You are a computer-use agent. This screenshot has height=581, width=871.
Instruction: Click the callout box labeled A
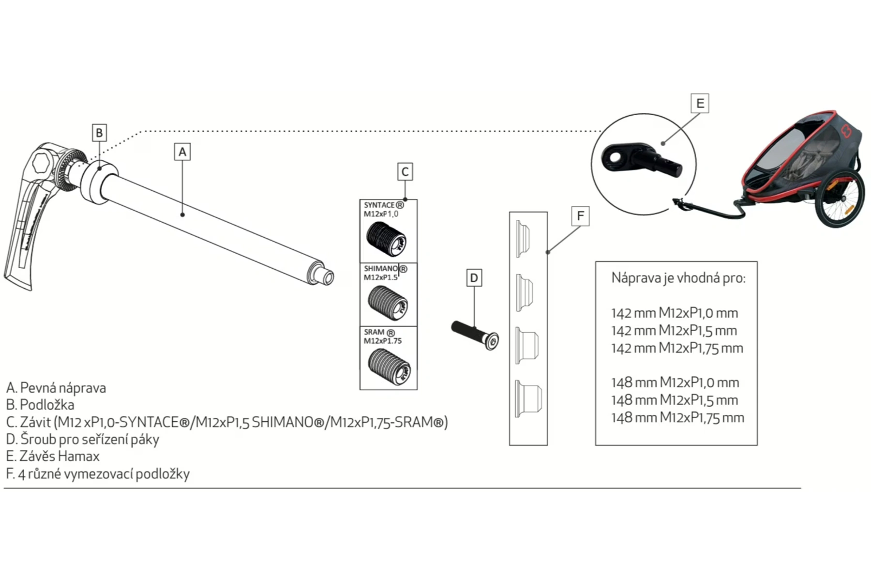(x=182, y=152)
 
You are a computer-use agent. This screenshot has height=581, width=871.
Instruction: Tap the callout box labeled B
(x=99, y=133)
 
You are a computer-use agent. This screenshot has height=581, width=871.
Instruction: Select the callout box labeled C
(x=405, y=171)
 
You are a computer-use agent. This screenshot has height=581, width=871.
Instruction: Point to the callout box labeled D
(x=474, y=278)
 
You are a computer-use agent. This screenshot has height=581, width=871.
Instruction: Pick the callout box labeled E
(x=700, y=104)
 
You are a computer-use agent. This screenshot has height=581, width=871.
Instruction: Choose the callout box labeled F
(x=580, y=216)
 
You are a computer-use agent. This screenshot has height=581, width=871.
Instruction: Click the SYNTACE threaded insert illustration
(x=386, y=239)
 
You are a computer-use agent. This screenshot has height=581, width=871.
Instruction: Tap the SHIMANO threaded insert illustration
(x=388, y=303)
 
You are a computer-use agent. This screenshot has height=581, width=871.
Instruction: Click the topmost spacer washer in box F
(x=523, y=239)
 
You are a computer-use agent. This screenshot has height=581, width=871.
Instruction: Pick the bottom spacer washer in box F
(x=528, y=398)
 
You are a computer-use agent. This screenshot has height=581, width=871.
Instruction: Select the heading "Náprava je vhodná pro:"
(x=678, y=278)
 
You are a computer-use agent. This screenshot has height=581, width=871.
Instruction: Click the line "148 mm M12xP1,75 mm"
(x=677, y=417)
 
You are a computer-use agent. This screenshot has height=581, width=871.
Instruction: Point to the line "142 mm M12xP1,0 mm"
(x=675, y=313)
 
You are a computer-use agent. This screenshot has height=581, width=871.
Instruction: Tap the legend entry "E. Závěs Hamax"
(x=53, y=456)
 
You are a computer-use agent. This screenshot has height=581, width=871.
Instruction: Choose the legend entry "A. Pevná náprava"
(x=56, y=388)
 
